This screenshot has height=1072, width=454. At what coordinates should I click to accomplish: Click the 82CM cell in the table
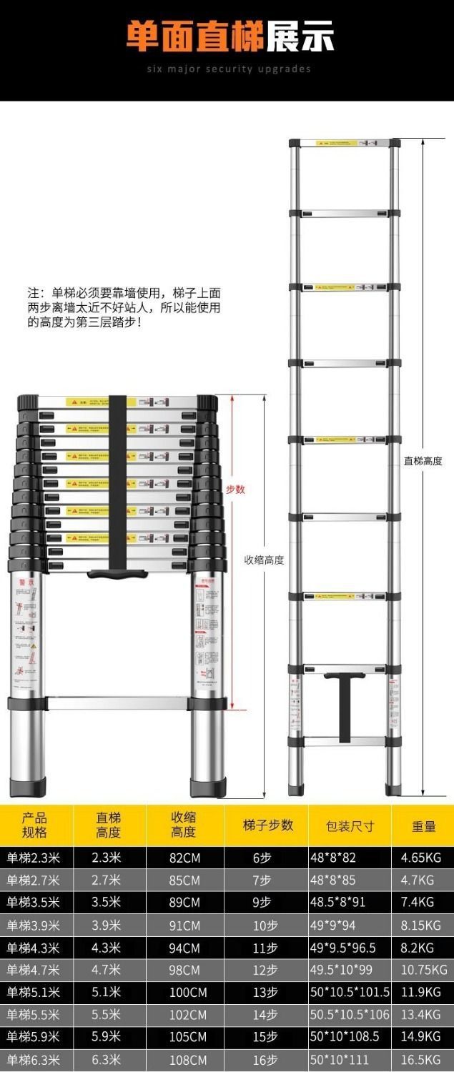[x=184, y=858]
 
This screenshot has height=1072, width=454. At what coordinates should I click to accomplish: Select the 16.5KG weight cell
[x=421, y=1060]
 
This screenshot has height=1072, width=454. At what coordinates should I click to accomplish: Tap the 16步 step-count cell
[x=265, y=1060]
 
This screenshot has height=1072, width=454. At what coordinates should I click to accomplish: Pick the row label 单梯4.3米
[x=34, y=948]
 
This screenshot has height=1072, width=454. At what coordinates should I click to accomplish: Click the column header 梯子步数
[x=267, y=825]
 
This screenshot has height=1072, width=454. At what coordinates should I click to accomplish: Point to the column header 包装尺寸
[x=350, y=826]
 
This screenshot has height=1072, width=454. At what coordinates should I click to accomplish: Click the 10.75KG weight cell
[x=424, y=970]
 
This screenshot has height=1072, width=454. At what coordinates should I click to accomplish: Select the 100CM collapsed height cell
[x=187, y=993]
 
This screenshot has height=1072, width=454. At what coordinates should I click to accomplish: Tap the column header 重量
[x=423, y=826]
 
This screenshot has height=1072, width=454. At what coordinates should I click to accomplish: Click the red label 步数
[x=235, y=490]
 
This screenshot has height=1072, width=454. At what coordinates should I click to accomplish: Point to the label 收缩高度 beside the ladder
[x=264, y=560]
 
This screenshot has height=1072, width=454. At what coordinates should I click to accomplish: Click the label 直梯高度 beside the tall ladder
[x=423, y=461]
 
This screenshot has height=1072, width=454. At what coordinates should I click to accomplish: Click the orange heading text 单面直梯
[x=194, y=37]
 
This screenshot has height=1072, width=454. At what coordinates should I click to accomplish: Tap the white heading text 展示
[x=300, y=37]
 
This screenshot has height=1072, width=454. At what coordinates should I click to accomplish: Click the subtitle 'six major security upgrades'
[x=229, y=69]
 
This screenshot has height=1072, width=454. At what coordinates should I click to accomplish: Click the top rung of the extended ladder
[x=344, y=144]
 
